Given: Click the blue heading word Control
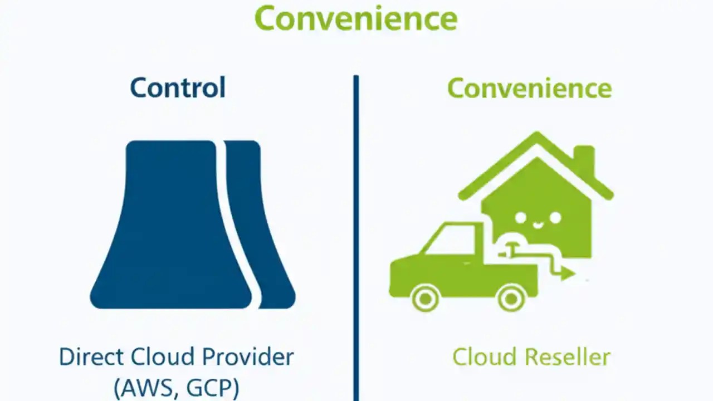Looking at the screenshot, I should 178,89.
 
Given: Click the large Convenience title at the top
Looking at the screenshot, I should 356,18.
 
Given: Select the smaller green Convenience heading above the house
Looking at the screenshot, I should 529,89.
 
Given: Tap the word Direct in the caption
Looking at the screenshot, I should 90,357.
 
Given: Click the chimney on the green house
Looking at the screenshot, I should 584,162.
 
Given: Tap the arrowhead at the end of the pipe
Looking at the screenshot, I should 568,273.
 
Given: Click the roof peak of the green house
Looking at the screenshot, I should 536,136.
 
